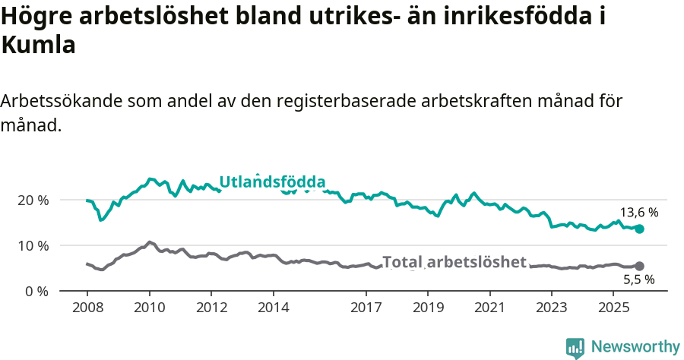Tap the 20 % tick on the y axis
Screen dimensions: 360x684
[x=33, y=200]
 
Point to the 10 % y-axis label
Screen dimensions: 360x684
[x=33, y=245]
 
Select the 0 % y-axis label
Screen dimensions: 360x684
[x=36, y=291]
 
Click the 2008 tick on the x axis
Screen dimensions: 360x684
[x=87, y=308]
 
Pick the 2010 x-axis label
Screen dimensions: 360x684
[x=149, y=308]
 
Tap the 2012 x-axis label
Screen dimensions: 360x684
[x=211, y=308]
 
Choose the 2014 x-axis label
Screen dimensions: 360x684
[x=273, y=308]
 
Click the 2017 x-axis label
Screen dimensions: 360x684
[x=366, y=308]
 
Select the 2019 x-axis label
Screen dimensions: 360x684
[x=428, y=308]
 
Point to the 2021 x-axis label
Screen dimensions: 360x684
[x=489, y=308]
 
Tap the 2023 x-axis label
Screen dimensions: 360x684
[x=552, y=308]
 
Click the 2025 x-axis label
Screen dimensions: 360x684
[x=613, y=308]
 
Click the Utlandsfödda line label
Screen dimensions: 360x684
[x=272, y=182]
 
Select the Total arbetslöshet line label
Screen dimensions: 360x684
[x=454, y=262]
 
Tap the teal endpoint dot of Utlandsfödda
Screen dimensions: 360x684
[x=639, y=229]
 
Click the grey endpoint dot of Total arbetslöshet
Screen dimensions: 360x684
[x=639, y=266]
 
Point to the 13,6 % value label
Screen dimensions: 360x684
[x=638, y=213]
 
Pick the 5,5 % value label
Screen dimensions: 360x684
[x=638, y=279]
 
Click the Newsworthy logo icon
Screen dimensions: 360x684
[x=575, y=347]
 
